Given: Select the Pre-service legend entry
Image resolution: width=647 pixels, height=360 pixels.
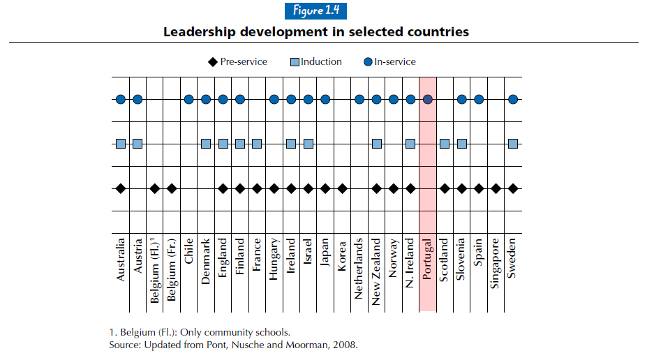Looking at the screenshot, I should [237, 61].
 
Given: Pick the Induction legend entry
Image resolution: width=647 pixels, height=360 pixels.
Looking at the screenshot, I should [315, 61].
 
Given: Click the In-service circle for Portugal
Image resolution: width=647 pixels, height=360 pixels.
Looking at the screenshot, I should [428, 99].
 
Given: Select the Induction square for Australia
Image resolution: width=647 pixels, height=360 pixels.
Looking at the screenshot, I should [121, 144].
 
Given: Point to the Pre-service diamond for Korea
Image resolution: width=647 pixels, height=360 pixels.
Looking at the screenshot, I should [343, 188].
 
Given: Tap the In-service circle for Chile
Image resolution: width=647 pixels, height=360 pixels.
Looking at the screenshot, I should [189, 99].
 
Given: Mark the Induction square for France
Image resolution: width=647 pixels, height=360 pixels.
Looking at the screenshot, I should [257, 144].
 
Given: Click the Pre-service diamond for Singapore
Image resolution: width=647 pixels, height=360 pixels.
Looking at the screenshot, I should [496, 188].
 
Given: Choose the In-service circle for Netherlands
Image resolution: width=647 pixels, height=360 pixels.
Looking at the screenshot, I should [359, 99].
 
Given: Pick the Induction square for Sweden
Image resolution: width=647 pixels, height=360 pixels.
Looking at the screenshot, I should [513, 144].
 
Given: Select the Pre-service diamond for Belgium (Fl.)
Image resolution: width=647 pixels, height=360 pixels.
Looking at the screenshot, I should [155, 188].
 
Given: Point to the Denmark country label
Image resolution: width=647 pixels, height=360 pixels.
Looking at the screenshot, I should [206, 262].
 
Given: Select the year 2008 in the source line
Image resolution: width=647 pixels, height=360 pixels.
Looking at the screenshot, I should [345, 345].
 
